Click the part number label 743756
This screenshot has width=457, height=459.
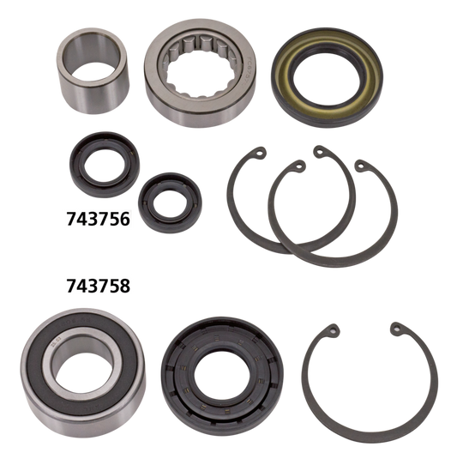tap(98, 219)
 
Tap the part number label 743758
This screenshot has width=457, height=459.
tap(98, 285)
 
